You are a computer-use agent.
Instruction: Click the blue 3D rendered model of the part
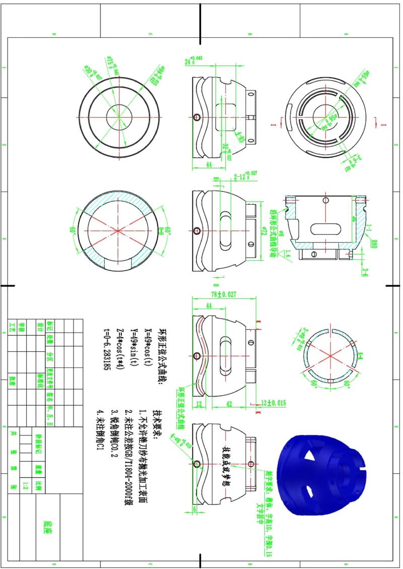click(322, 474)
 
